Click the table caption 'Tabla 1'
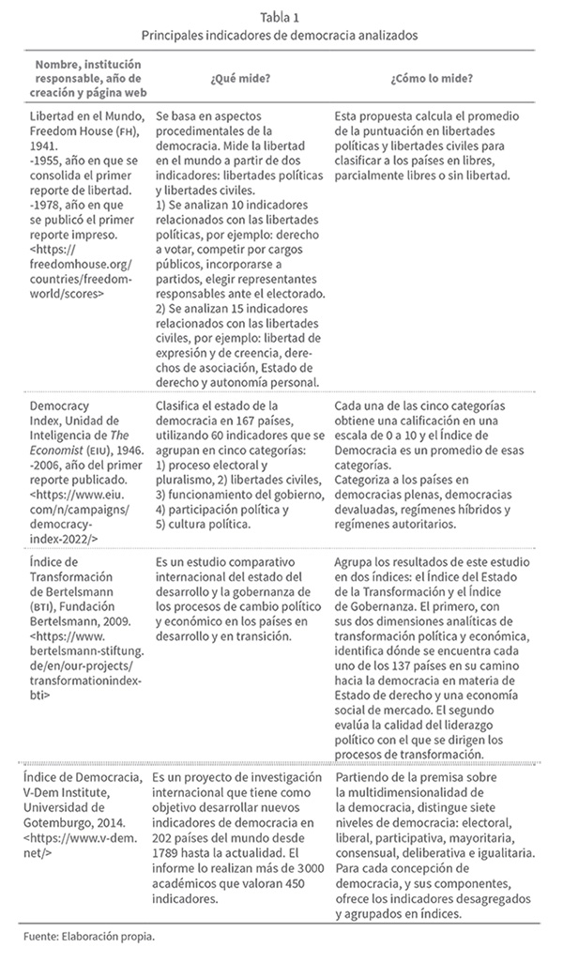click(x=281, y=13)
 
